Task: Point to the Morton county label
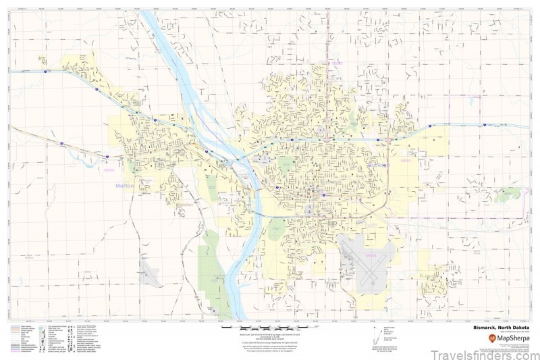(x=126, y=185)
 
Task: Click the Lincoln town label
(x=430, y=276)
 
